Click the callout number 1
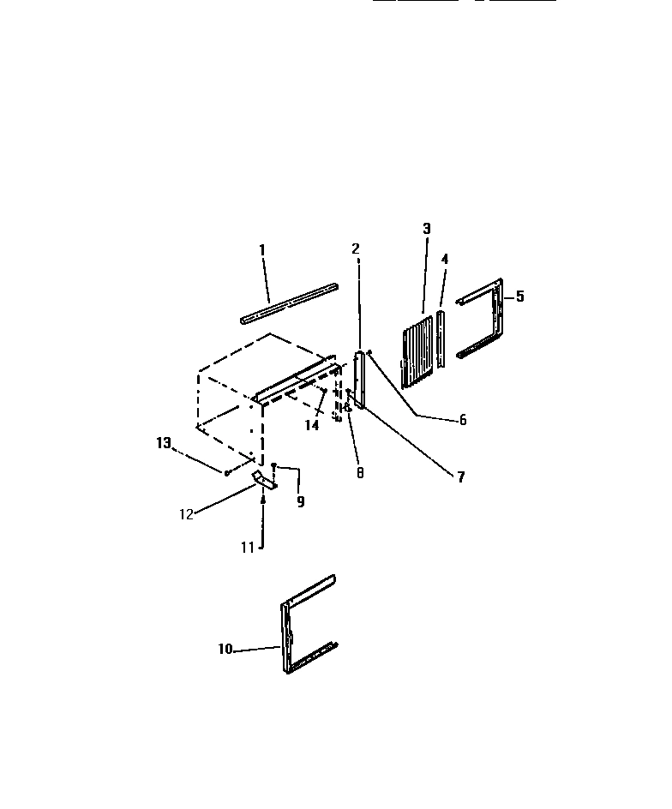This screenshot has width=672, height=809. click(262, 249)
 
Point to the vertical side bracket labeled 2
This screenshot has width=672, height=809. click(358, 379)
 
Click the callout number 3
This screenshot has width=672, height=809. click(427, 229)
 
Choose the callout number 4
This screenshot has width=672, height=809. click(445, 258)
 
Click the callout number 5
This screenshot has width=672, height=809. click(519, 297)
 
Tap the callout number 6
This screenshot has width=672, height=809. click(463, 420)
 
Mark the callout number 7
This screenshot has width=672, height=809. click(460, 477)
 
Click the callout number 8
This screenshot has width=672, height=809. click(360, 473)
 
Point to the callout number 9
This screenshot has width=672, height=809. click(301, 502)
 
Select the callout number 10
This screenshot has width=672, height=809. click(225, 650)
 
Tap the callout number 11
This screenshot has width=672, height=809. click(247, 548)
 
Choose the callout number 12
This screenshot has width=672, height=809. click(186, 514)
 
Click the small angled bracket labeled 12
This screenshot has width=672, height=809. click(263, 481)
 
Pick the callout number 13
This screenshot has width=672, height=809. click(164, 443)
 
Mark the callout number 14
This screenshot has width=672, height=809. click(312, 425)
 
